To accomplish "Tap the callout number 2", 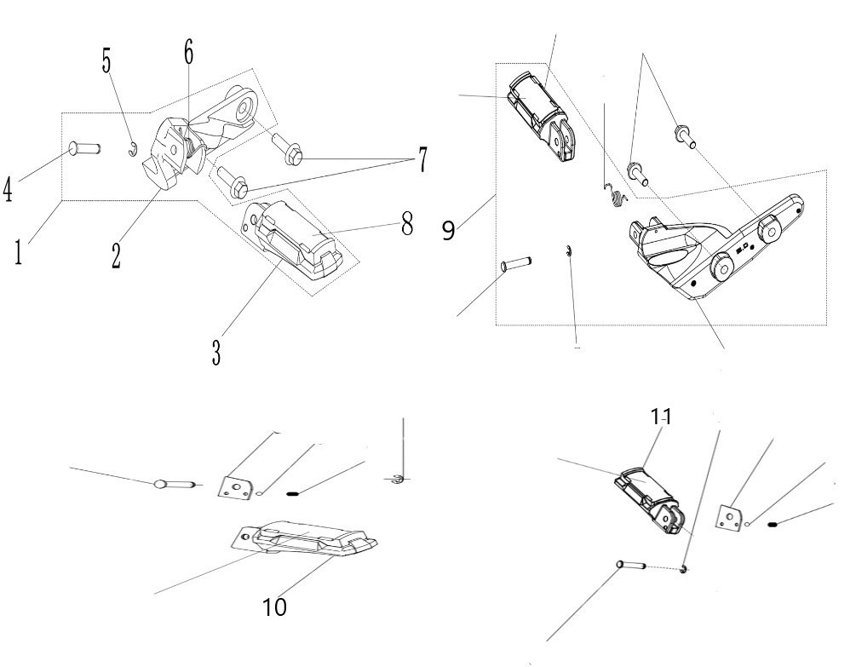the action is (116, 256).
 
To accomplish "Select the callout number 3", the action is (216, 352).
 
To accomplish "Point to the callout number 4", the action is (8, 189).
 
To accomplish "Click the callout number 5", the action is (106, 60).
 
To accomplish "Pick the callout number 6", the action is (188, 53).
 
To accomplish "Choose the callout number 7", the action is (422, 159).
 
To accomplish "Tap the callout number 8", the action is (407, 223).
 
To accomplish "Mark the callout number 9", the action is (448, 230).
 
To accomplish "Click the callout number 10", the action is (274, 607).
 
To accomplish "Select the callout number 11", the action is (661, 417).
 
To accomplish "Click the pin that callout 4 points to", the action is (84, 147).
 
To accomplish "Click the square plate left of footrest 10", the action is (236, 487).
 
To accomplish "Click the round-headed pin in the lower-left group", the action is (175, 484).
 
